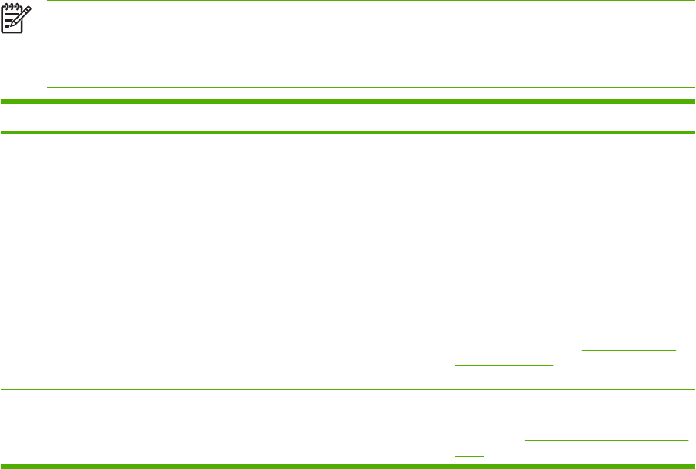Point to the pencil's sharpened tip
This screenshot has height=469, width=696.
click(x=10, y=29)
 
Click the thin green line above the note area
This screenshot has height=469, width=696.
click(x=371, y=1)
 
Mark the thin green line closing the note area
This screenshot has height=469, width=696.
click(x=371, y=87)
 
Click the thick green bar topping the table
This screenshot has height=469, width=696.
click(x=348, y=101)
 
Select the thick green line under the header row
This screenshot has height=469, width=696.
click(x=348, y=134)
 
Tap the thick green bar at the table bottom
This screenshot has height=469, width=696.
click(x=348, y=465)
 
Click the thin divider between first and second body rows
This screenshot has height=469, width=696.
click(x=348, y=209)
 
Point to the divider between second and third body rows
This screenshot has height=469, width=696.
click(x=348, y=284)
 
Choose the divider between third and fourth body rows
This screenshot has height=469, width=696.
click(x=348, y=389)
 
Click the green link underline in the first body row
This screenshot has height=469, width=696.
click(x=575, y=185)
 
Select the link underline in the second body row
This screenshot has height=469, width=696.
click(x=575, y=259)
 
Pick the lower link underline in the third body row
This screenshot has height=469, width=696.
click(x=504, y=365)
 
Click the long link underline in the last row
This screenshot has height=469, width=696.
click(x=606, y=440)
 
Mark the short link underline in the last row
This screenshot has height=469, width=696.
click(x=469, y=455)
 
